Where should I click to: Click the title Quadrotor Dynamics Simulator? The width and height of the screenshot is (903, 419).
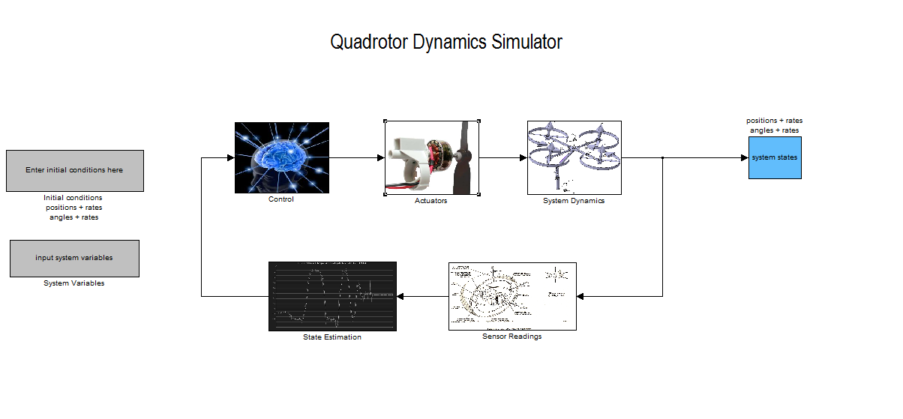[x=446, y=42]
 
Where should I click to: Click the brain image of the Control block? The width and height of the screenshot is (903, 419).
[x=281, y=157]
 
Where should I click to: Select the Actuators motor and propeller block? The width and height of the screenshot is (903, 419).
[x=432, y=157]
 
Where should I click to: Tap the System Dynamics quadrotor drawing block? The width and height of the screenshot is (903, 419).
[x=574, y=157]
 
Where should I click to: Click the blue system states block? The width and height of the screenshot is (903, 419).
[x=775, y=157]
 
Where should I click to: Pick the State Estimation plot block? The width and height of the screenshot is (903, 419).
[x=332, y=296]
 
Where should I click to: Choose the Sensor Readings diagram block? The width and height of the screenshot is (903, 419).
[x=512, y=296]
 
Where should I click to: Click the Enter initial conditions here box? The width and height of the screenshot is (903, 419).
[x=74, y=170]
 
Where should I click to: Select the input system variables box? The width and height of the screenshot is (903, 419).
[x=74, y=258]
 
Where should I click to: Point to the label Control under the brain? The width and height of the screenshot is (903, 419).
[x=281, y=199]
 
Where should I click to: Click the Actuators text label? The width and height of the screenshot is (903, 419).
[x=431, y=201]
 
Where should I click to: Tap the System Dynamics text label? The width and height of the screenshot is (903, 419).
[x=574, y=201]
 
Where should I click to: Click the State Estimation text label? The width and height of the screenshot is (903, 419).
[x=332, y=337]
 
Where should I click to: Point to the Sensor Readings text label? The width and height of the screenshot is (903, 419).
[x=512, y=337]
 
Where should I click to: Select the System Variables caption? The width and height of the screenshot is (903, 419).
[x=74, y=283]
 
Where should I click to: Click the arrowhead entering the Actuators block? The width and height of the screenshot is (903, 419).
[x=380, y=157]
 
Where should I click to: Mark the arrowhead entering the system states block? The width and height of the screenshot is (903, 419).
[x=744, y=157]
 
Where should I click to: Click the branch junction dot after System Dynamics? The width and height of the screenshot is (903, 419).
[x=663, y=157]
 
